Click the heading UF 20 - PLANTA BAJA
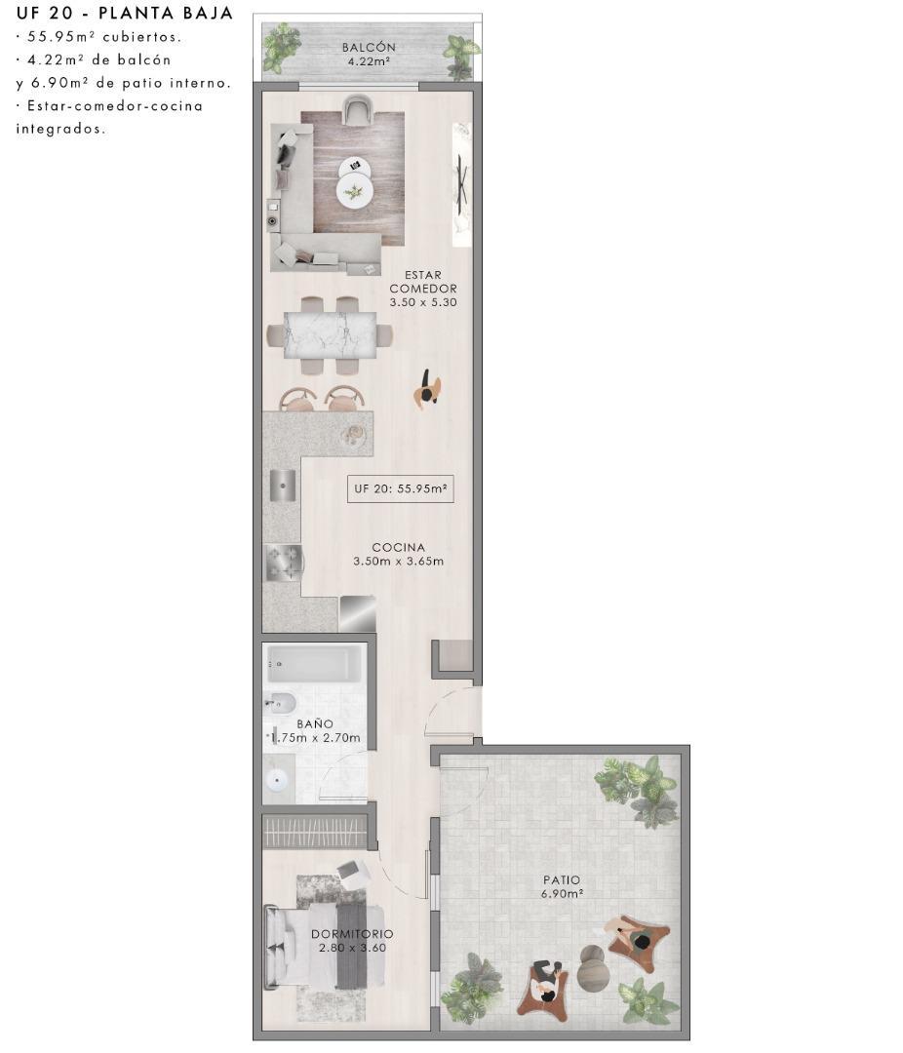[x=124, y=14]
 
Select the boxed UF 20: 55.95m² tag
[x=400, y=489]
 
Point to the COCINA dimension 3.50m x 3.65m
[x=398, y=562]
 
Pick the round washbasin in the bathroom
[x=278, y=779]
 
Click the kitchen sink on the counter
[x=282, y=485]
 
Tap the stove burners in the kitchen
[x=282, y=562]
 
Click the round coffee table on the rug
[x=354, y=192]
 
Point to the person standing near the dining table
[x=426, y=390]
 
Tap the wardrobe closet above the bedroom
[x=316, y=832]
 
